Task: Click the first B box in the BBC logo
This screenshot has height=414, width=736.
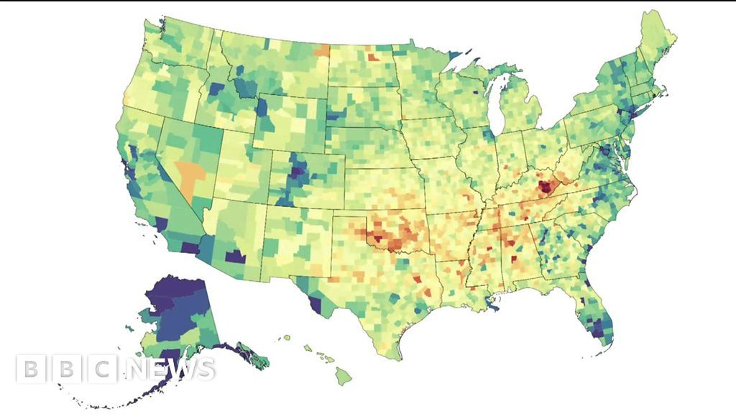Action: point(29,369)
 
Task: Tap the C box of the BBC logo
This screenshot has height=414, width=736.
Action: point(103,369)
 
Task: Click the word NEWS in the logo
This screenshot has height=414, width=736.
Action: point(170,369)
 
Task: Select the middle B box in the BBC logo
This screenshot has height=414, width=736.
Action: point(66,369)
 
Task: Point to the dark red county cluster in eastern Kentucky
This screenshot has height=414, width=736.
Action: point(546,188)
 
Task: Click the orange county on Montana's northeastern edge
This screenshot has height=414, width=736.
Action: point(321,50)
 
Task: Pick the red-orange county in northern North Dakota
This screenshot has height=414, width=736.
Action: point(374,57)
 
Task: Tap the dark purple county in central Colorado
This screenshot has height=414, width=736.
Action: point(298,170)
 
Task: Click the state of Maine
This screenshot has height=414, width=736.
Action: point(658,43)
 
